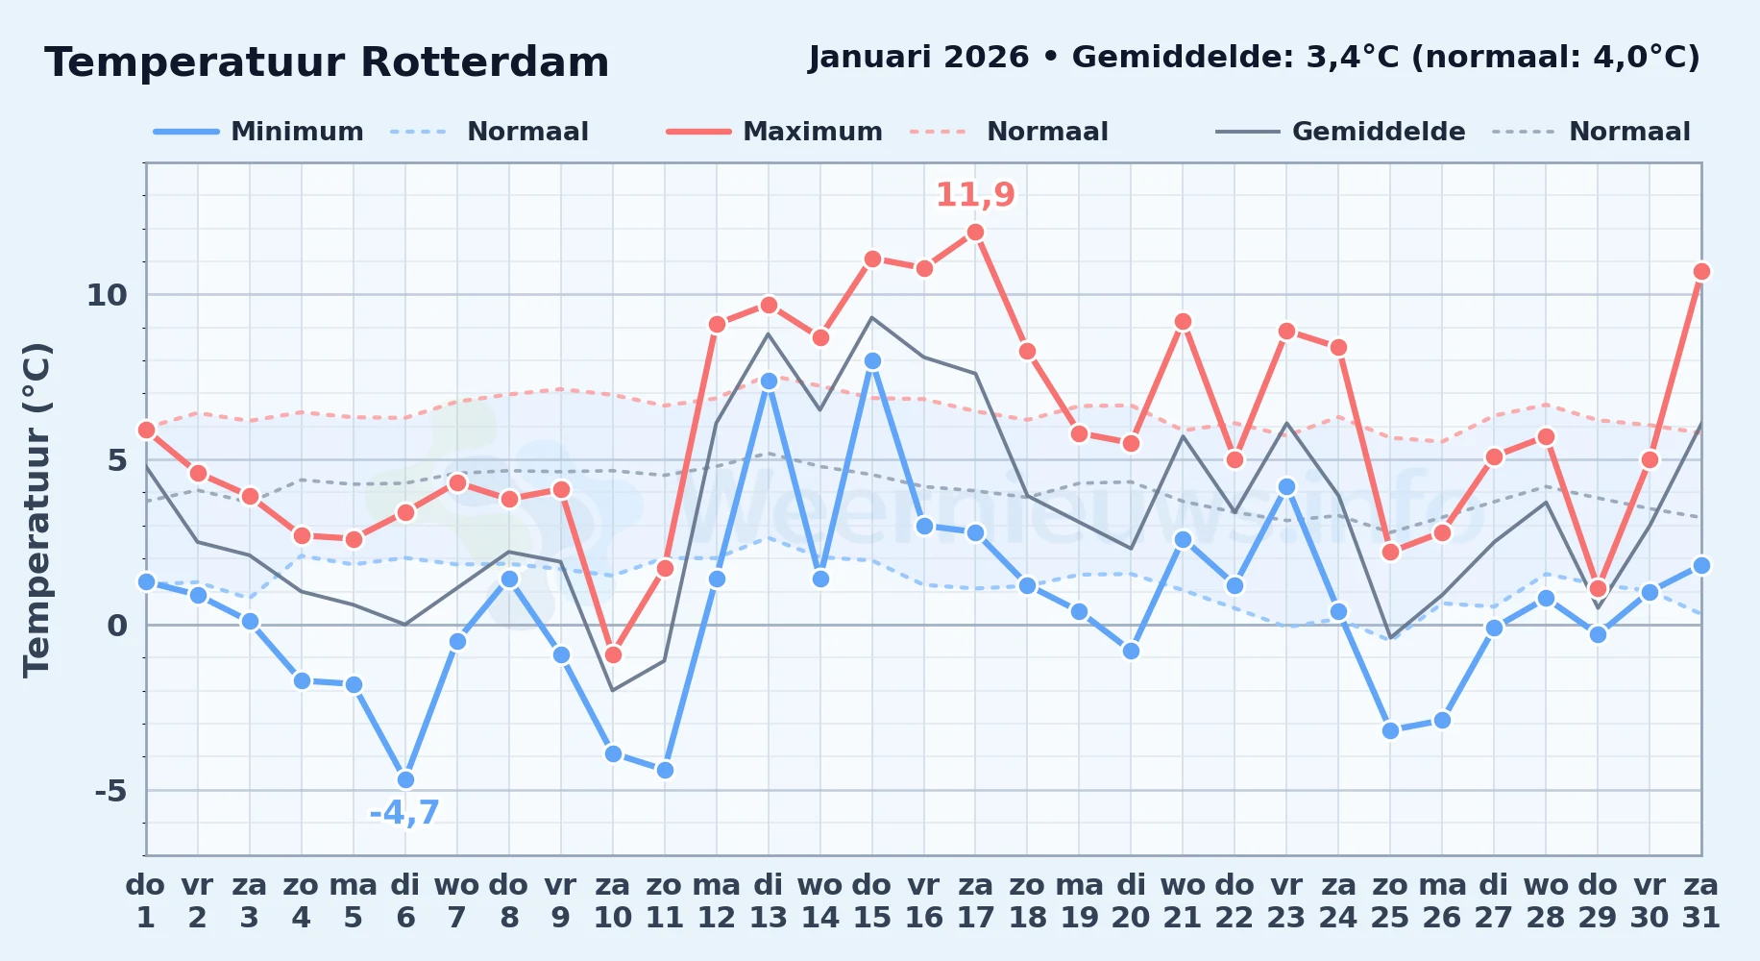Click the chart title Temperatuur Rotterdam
[327, 62]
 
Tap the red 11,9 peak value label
[975, 195]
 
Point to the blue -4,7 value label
[404, 813]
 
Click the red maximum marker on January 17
[975, 232]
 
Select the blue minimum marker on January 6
[405, 779]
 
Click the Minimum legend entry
[258, 132]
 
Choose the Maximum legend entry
[774, 132]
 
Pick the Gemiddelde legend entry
[1340, 132]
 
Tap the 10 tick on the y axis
[107, 295]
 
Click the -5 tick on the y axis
[110, 791]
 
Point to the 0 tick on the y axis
[117, 626]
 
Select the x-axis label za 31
[1700, 901]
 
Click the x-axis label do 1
[146, 901]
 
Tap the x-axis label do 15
[872, 901]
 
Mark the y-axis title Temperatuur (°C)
[37, 509]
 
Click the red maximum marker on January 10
[613, 654]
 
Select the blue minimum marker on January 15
[872, 360]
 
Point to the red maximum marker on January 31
[1701, 271]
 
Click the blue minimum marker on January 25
[1390, 730]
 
